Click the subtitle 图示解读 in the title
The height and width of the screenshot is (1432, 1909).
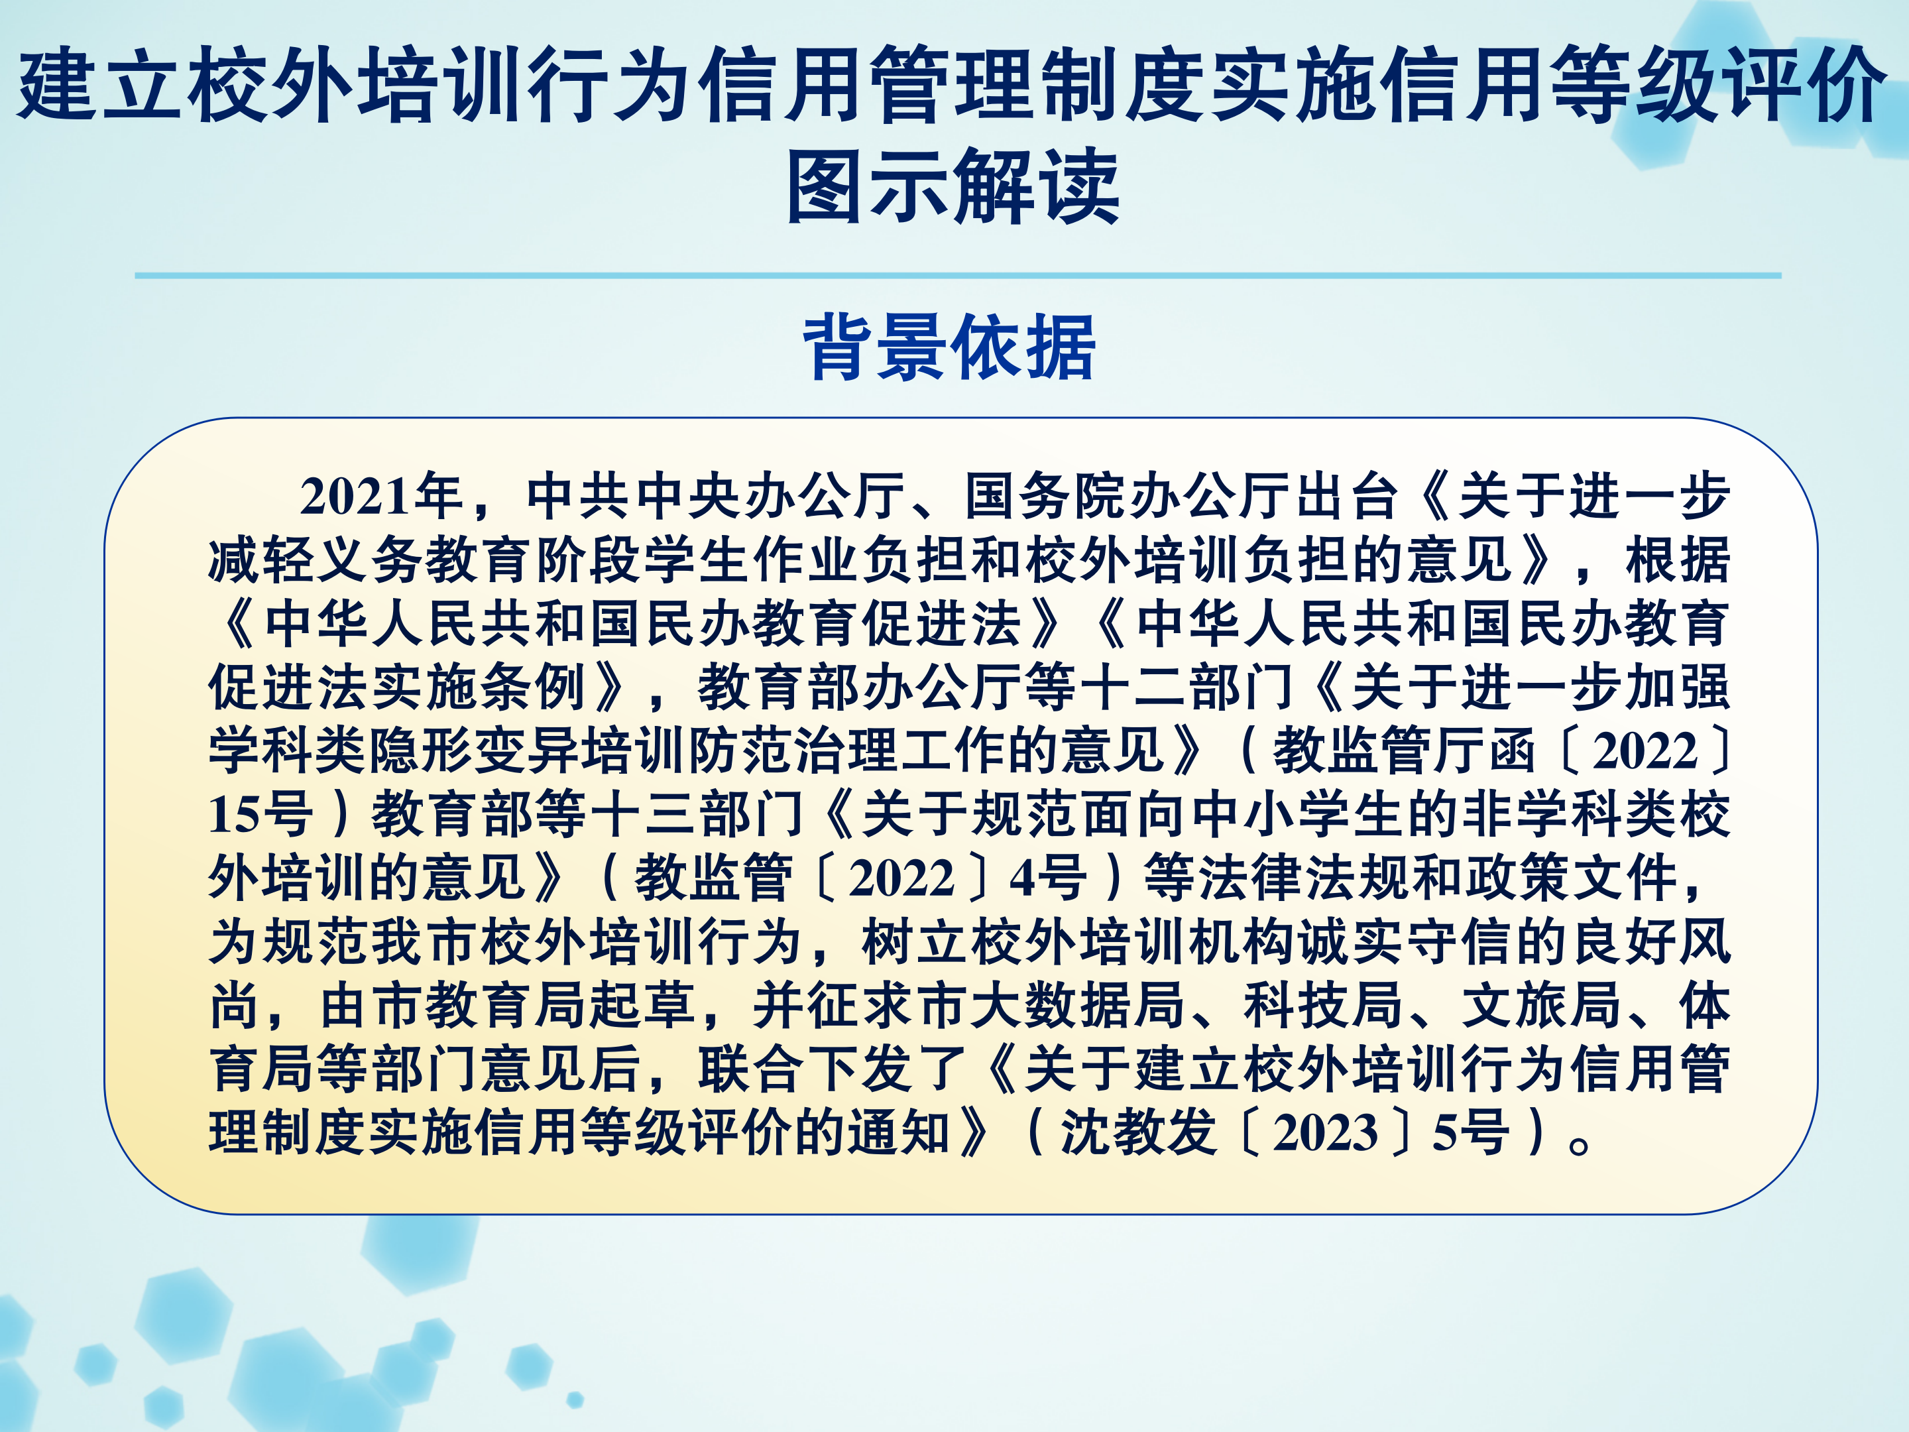[954, 186]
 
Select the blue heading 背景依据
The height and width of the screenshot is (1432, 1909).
[949, 347]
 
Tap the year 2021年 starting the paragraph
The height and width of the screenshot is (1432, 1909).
[381, 497]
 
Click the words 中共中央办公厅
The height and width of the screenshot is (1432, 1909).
[715, 497]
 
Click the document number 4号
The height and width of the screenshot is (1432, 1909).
[1049, 878]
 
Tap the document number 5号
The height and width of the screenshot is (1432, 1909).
[1472, 1132]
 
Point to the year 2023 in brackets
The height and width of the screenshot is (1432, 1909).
[1326, 1132]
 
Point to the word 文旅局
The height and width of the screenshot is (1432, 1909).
[1541, 1006]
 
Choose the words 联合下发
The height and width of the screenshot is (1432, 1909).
[805, 1069]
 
